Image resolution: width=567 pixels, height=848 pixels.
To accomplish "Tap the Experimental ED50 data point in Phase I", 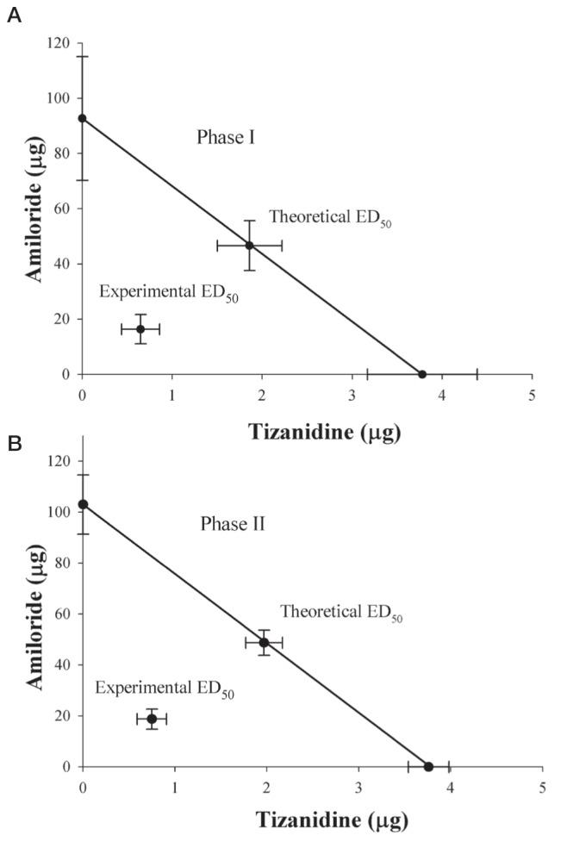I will pyautogui.click(x=140, y=329).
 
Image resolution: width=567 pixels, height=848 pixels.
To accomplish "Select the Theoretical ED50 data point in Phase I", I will pyautogui.click(x=249, y=246).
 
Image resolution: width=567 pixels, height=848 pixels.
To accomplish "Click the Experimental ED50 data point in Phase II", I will pyautogui.click(x=152, y=719).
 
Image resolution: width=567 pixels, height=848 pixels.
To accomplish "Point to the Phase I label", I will pyautogui.click(x=225, y=137).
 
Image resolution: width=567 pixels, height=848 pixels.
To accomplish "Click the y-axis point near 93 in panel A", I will pyautogui.click(x=82, y=118).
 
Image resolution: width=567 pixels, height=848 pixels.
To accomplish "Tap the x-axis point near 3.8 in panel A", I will pyautogui.click(x=422, y=374).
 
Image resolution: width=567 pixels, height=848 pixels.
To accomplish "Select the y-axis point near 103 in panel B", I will pyautogui.click(x=83, y=504).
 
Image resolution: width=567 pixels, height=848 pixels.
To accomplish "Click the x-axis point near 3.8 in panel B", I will pyautogui.click(x=428, y=766).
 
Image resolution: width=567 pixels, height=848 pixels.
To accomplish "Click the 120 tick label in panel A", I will pyautogui.click(x=58, y=43).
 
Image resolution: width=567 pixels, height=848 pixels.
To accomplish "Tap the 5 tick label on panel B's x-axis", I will pyautogui.click(x=542, y=787).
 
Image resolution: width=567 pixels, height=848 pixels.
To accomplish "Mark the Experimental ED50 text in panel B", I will pyautogui.click(x=165, y=689).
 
